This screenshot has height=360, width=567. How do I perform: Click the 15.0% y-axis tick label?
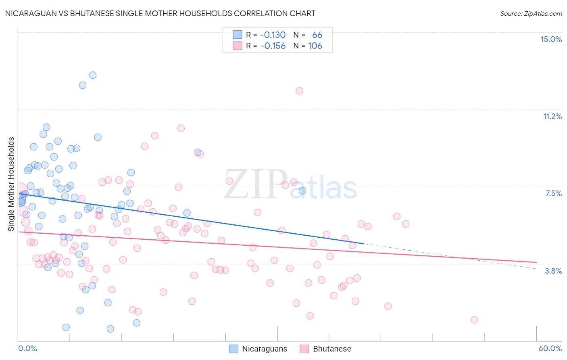pyautogui.click(x=551, y=39)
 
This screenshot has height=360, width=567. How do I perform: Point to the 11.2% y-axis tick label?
pyautogui.click(x=552, y=116)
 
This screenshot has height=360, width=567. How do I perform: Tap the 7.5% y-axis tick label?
pyautogui.click(x=553, y=193)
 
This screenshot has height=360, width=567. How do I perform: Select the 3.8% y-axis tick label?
pyautogui.click(x=553, y=271)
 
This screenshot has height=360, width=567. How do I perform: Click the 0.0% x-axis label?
pyautogui.click(x=27, y=348)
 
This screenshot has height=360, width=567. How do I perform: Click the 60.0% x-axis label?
pyautogui.click(x=550, y=348)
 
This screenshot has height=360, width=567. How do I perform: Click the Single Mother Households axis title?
pyautogui.click(x=11, y=184)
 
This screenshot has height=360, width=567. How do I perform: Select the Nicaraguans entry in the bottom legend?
pyautogui.click(x=265, y=349)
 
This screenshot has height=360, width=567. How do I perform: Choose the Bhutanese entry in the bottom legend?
pyautogui.click(x=332, y=349)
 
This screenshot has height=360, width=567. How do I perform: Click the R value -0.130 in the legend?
pyautogui.click(x=273, y=35)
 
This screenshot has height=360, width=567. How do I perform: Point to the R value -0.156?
pyautogui.click(x=273, y=46)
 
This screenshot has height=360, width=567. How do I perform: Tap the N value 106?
pyautogui.click(x=315, y=46)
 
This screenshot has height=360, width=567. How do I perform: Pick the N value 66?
pyautogui.click(x=317, y=35)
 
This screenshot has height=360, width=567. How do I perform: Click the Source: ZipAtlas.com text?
pyautogui.click(x=531, y=14)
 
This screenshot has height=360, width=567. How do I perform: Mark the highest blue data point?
pyautogui.click(x=93, y=75)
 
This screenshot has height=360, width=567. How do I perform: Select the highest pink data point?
pyautogui.click(x=299, y=91)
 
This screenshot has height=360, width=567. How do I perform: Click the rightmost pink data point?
pyautogui.click(x=474, y=320)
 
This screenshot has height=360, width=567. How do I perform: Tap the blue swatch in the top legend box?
pyautogui.click(x=238, y=35)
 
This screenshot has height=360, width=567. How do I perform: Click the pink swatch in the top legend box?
pyautogui.click(x=238, y=46)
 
